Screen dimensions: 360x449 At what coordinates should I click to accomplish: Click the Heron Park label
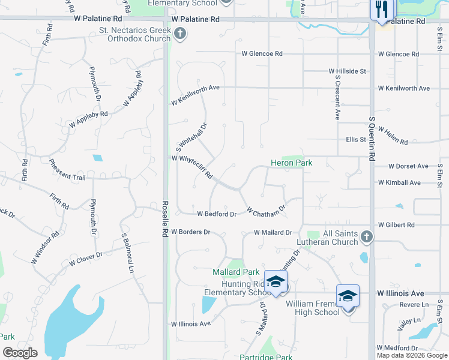pos(291,163)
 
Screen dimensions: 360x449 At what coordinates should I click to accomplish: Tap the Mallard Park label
pos(231,272)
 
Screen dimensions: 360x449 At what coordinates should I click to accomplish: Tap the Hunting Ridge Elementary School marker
pos(276,281)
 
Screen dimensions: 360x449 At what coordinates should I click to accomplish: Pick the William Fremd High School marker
pos(348,296)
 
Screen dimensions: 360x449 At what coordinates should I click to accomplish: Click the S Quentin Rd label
pos(372,139)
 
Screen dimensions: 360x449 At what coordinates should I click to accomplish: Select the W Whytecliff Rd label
pos(192,167)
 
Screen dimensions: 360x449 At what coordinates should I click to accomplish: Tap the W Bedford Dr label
pos(217,214)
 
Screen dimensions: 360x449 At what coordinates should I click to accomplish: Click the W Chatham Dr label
pos(265,212)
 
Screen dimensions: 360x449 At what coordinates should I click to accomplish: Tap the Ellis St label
pos(356,140)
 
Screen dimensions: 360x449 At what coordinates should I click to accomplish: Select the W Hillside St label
pos(347,71)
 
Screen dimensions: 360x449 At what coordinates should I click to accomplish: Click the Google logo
pos(20,353)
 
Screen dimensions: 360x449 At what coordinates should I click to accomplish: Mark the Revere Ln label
pos(417,305)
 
